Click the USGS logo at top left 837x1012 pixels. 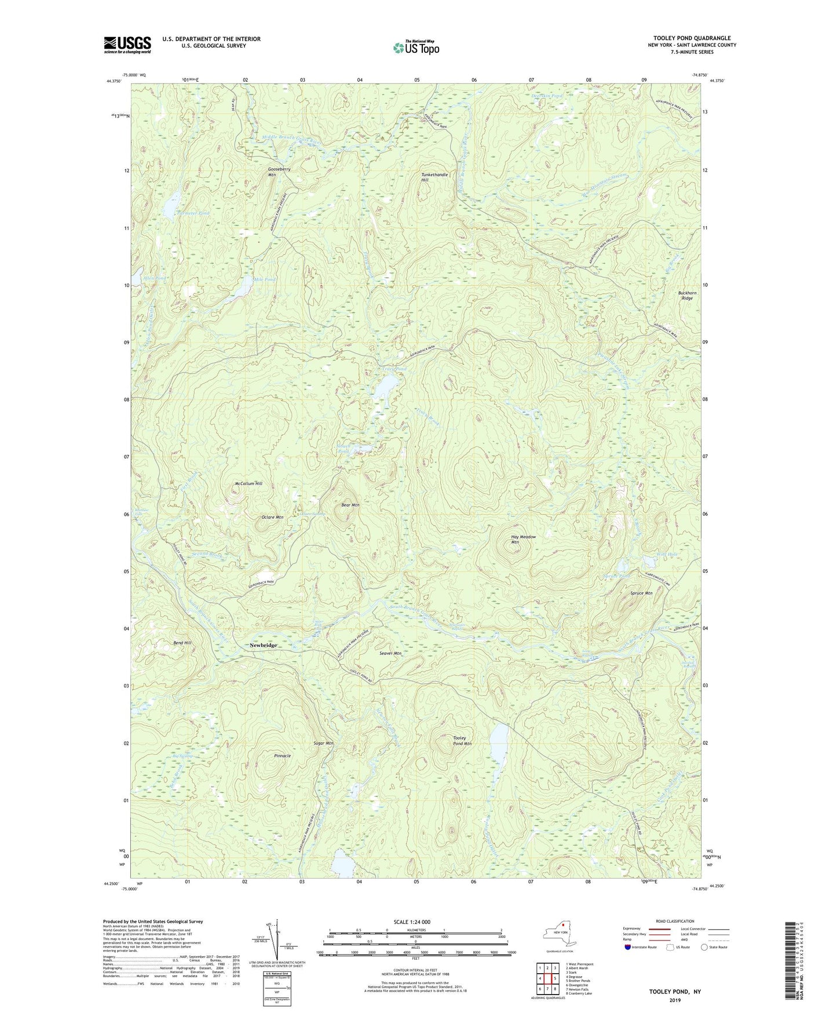[127, 45]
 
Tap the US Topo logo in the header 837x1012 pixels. [415, 47]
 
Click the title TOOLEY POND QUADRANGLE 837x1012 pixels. [692, 38]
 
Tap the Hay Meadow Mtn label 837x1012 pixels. [523, 539]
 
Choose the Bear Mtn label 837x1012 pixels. [350, 505]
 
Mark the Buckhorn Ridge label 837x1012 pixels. [687, 295]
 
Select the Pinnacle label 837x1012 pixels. [282, 756]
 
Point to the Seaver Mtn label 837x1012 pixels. [390, 653]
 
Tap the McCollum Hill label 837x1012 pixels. [248, 483]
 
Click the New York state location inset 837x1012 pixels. [558, 933]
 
